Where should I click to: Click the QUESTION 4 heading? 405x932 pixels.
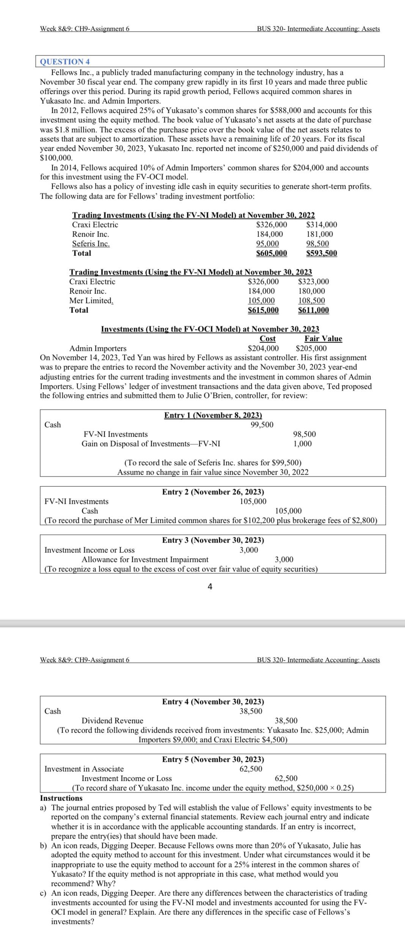click(x=65, y=62)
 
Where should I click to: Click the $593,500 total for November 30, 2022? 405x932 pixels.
click(x=321, y=253)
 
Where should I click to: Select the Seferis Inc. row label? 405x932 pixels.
click(x=91, y=244)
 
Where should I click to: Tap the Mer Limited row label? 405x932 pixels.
click(x=91, y=301)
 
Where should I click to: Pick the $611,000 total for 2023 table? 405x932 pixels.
click(x=313, y=310)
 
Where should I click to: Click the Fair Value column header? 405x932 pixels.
click(x=323, y=339)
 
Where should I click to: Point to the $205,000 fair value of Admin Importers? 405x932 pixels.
click(x=311, y=349)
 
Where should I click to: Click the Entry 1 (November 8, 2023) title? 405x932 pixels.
click(x=213, y=415)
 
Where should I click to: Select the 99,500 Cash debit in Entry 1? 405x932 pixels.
click(x=262, y=424)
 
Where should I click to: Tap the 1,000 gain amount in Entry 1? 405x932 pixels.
click(x=302, y=444)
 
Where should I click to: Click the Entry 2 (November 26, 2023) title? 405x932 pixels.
click(x=213, y=492)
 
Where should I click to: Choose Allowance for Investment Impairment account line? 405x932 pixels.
click(x=145, y=560)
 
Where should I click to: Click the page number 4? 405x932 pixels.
click(x=210, y=587)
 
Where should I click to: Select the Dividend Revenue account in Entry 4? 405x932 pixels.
click(x=112, y=721)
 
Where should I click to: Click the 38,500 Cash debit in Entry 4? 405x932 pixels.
click(x=251, y=711)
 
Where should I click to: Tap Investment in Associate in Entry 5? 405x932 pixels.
click(x=84, y=769)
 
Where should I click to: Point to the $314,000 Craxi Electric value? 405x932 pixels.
click(x=321, y=225)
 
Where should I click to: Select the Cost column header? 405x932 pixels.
click(x=267, y=339)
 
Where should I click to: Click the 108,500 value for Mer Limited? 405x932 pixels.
click(x=311, y=301)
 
